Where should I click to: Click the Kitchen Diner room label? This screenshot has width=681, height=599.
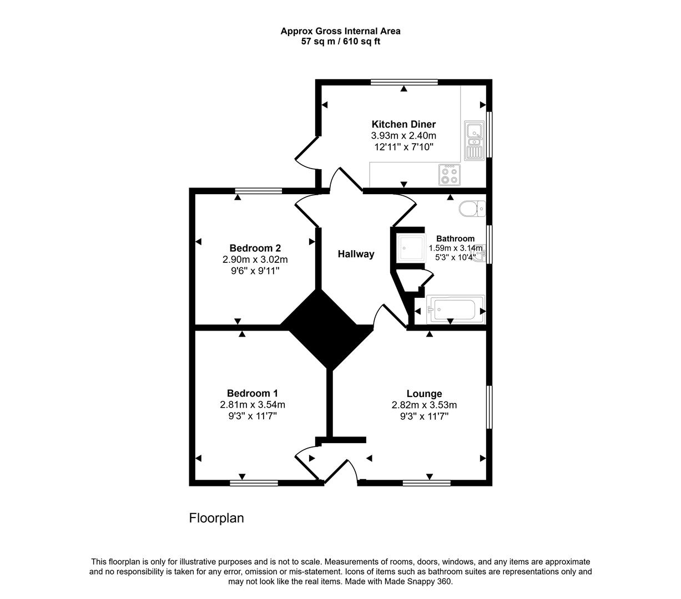click(403, 124)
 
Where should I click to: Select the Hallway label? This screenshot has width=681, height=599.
click(356, 254)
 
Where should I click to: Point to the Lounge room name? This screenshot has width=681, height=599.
click(424, 394)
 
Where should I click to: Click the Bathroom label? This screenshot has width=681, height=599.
click(455, 238)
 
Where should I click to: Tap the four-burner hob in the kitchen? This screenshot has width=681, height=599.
click(450, 175)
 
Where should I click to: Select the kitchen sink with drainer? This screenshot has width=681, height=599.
click(473, 141)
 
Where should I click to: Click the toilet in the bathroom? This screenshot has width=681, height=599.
click(472, 209)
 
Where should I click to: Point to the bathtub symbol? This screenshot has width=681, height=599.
click(454, 309)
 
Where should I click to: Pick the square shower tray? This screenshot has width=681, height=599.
click(411, 247)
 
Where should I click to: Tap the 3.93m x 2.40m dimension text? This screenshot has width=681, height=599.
click(403, 136)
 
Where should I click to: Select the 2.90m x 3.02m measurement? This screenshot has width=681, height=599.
click(255, 260)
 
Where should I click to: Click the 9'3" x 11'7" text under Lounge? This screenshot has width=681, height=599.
click(424, 416)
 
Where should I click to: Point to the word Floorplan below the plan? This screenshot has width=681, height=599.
click(216, 518)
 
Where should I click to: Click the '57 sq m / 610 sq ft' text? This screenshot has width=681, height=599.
click(340, 41)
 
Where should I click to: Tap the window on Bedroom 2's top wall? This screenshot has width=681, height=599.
click(258, 191)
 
